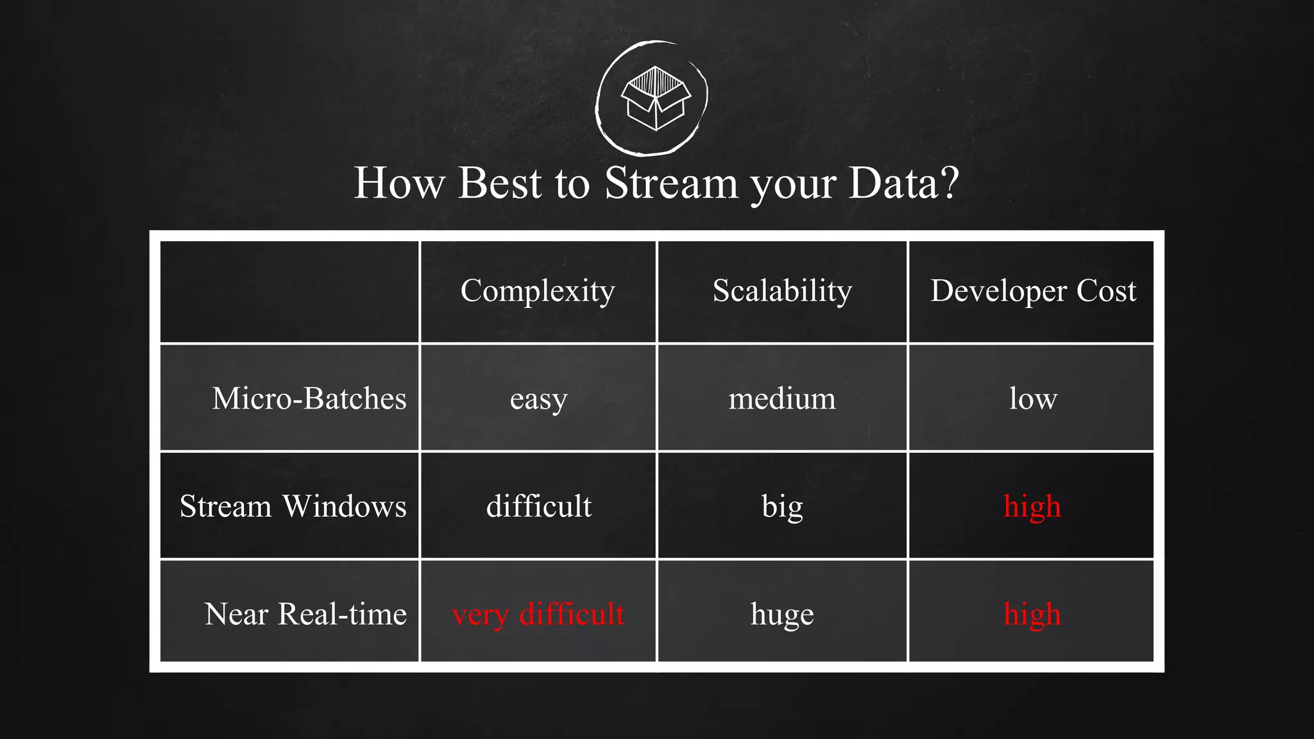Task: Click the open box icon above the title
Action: pos(655,98)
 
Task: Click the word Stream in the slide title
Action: pos(671,183)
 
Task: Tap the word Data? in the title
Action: pos(903,183)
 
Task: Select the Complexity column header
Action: pos(538,291)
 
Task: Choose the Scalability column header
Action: pos(782,291)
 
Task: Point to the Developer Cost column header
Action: pos(1032,291)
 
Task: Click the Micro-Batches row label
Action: pos(309,398)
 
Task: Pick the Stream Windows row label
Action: pos(293,506)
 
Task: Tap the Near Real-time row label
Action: pos(305,614)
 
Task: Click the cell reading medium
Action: pos(782,398)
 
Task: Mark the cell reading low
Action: pos(1032,398)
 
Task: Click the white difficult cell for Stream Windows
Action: pos(538,506)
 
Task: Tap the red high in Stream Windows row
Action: pos(1032,507)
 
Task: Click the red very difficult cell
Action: pos(538,614)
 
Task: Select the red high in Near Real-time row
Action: pos(1032,615)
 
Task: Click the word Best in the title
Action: pos(500,183)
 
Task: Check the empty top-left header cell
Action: pos(289,292)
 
